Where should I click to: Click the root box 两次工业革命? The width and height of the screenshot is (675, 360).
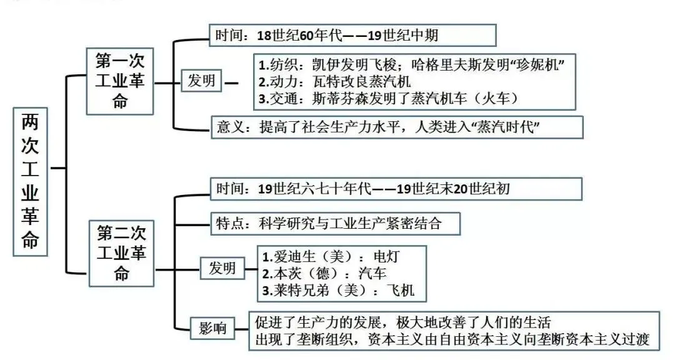click(x=30, y=181)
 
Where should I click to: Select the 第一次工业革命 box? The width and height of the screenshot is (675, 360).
click(x=120, y=81)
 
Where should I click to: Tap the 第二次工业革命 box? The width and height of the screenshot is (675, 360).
click(x=121, y=252)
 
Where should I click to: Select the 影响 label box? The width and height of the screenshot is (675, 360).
click(x=213, y=328)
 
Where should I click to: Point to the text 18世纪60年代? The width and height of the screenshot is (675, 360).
click(x=300, y=35)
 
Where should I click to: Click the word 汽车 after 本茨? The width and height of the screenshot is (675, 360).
click(x=372, y=273)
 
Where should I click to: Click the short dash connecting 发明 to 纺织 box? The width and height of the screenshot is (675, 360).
click(x=231, y=81)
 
